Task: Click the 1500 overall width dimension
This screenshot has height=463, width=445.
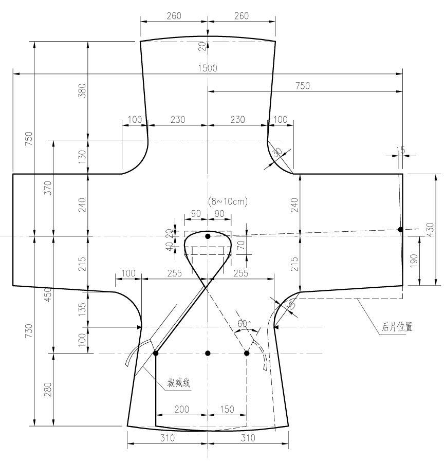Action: tap(208, 68)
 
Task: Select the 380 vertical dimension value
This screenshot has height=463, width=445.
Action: tap(82, 90)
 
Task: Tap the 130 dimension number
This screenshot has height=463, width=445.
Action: tap(82, 156)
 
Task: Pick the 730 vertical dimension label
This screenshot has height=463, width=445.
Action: tap(28, 331)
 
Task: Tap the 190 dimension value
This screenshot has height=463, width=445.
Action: tap(414, 261)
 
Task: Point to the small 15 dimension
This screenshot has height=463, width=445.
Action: tap(401, 150)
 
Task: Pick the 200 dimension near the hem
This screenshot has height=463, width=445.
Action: tap(181, 409)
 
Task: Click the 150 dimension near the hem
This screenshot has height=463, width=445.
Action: tap(227, 409)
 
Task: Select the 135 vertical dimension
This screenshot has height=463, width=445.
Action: tap(82, 308)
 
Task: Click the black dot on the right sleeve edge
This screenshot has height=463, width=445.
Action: tap(400, 230)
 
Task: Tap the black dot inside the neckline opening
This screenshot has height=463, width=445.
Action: tap(208, 236)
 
